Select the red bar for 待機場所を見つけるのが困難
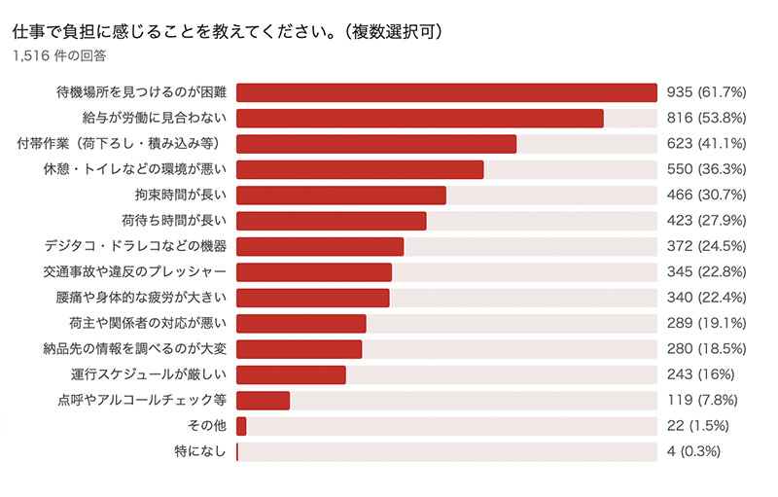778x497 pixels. click(446, 92)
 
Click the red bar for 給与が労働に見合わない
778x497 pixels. click(419, 118)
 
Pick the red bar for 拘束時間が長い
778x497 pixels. click(340, 195)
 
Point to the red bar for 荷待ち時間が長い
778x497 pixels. click(331, 220)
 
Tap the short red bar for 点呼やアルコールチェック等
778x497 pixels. click(263, 400)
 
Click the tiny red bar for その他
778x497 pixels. click(241, 426)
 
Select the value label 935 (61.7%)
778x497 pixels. click(707, 92)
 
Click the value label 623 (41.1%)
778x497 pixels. click(707, 144)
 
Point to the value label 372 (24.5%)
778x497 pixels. click(707, 246)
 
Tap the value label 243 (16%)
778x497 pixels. click(700, 374)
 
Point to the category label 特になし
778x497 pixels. click(198, 451)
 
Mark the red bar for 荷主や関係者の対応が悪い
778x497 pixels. click(301, 323)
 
